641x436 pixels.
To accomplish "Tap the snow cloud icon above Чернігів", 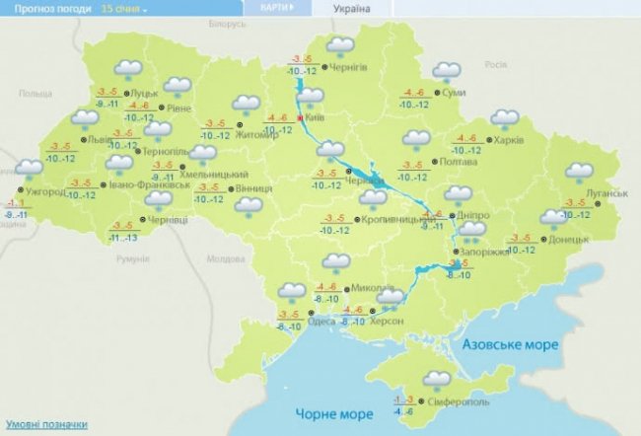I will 340,47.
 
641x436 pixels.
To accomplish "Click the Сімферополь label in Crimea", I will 457,403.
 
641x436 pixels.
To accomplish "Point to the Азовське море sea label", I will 511,344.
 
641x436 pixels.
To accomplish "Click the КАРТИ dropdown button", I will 277,8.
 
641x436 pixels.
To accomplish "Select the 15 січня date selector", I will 124,8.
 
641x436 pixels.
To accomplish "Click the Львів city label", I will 100,140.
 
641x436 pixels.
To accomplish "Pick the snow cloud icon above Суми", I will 447,72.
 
